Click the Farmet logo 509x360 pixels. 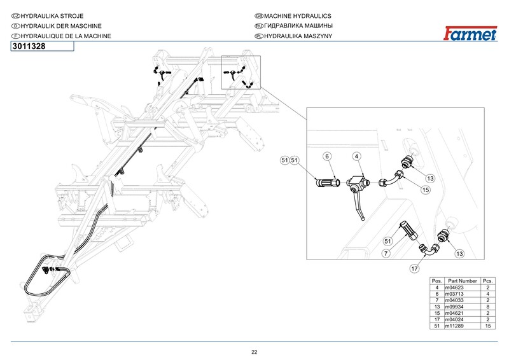471,32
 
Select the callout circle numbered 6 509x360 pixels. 326,156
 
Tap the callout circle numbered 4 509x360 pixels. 357,156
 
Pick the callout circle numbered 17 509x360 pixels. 414,269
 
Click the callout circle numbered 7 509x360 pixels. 386,254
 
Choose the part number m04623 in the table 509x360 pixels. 462,288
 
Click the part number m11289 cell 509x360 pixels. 462,326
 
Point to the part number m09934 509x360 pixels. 462,307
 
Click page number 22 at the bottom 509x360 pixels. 254,352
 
